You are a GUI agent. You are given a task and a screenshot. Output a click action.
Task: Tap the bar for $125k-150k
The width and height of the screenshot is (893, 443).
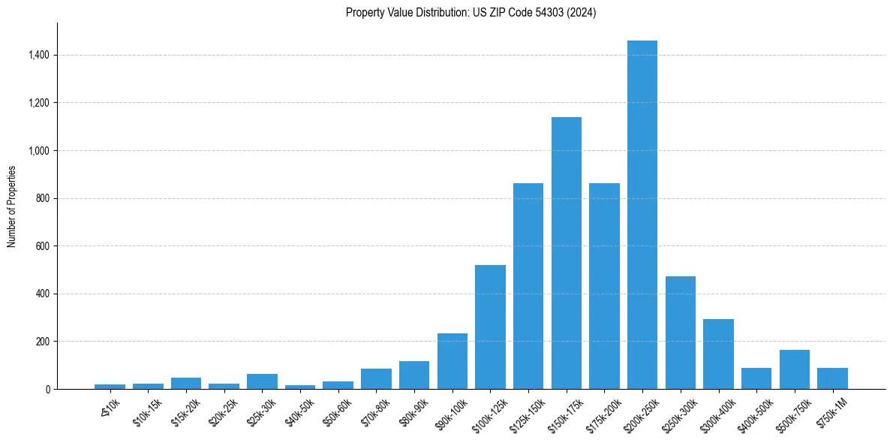pyautogui.click(x=528, y=286)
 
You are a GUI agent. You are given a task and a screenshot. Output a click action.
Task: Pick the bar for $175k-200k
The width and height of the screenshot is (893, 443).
pyautogui.click(x=604, y=286)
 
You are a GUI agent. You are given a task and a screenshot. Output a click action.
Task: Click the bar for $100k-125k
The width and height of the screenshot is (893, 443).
pyautogui.click(x=490, y=327)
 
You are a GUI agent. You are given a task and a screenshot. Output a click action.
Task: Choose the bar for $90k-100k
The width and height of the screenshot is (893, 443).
pyautogui.click(x=453, y=361)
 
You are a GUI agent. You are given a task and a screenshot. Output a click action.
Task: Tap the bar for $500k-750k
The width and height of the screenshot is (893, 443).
pyautogui.click(x=795, y=369)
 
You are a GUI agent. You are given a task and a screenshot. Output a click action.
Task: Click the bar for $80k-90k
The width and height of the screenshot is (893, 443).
pyautogui.click(x=414, y=375)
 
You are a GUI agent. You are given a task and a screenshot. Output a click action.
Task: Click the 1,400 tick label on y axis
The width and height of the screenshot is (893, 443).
pyautogui.click(x=39, y=55)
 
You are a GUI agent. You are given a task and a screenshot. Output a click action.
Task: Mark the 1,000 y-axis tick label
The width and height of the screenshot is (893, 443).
pyautogui.click(x=39, y=150)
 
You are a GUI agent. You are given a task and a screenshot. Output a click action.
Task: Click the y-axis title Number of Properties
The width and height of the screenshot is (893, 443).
pyautogui.click(x=12, y=206)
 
